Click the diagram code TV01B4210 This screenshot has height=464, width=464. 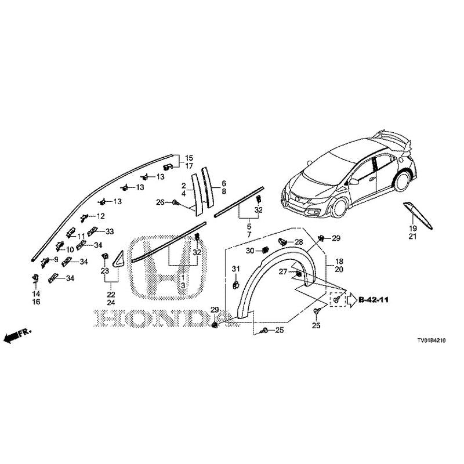[431, 340]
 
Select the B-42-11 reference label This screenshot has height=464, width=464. [374, 300]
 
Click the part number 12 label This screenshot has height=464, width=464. [100, 216]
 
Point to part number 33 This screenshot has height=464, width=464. [110, 231]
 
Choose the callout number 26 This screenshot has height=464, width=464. [160, 202]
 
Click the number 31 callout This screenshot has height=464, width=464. [235, 269]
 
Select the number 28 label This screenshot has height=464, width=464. [299, 242]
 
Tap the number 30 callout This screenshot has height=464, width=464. [250, 251]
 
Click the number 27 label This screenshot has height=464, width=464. [283, 271]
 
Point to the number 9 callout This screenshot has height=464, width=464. [56, 259]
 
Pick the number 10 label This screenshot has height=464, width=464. [70, 249]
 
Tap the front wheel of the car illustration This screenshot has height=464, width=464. [339, 207]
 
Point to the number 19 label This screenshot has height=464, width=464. [413, 229]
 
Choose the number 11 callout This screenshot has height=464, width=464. [81, 236]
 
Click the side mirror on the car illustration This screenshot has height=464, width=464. [353, 181]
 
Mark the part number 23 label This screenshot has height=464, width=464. [105, 270]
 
